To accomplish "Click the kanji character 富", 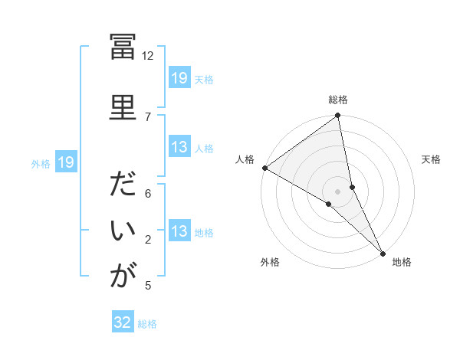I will tap(123, 48).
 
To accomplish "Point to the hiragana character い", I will tap(123, 231).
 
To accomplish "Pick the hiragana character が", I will tap(123, 276).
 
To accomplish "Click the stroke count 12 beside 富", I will tap(148, 56).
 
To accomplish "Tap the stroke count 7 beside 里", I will tap(148, 116).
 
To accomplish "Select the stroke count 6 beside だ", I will tap(148, 194).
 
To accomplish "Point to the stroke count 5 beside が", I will tap(148, 286).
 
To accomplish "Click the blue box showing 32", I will tap(123, 322).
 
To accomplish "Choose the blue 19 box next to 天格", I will tap(179, 78).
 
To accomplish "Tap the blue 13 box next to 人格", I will tap(179, 148).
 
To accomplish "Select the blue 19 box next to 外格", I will tap(65, 162).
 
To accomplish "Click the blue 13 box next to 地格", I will tap(179, 232).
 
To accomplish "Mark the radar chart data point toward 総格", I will tap(337, 116).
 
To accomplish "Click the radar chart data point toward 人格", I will tap(264, 168).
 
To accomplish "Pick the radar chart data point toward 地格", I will tap(382, 251).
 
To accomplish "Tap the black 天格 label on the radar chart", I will tap(431, 160).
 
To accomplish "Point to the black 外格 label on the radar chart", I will tap(270, 263).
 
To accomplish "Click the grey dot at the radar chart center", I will tap(337, 190).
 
